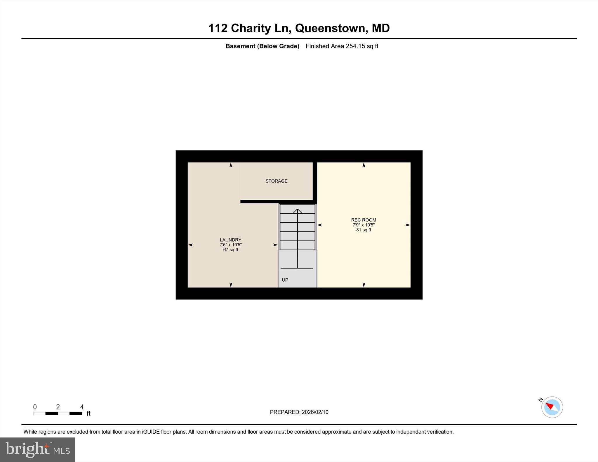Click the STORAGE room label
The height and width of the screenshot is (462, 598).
276,181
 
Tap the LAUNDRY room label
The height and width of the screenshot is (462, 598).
230,240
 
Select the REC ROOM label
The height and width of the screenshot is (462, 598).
364,220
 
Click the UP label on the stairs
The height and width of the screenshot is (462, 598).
285,280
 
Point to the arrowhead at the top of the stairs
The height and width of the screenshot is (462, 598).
297,210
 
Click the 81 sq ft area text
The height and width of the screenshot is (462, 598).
364,230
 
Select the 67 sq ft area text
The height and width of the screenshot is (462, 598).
230,250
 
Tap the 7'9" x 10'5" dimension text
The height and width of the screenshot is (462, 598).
364,225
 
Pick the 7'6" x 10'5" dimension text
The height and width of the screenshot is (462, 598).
230,245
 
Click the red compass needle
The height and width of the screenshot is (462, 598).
550,406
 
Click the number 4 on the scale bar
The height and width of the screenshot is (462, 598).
82,407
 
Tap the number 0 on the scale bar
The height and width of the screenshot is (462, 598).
35,407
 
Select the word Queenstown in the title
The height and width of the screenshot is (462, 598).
330,28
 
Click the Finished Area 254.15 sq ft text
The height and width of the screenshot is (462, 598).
342,46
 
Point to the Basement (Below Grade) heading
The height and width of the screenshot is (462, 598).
262,46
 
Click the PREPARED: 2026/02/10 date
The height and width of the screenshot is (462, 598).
299,412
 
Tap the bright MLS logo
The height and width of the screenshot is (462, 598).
37,449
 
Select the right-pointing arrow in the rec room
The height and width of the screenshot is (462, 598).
408,225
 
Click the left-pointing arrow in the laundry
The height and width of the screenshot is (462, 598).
190,245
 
